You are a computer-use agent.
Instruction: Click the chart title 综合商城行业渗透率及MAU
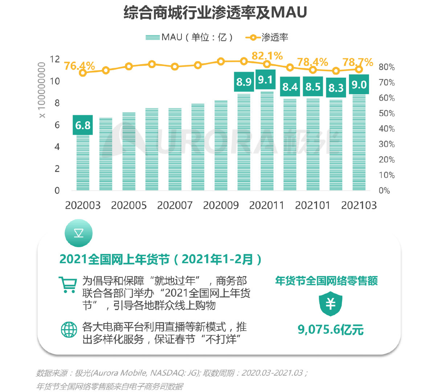(x=215, y=13)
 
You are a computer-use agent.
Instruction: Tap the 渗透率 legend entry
(x=267, y=37)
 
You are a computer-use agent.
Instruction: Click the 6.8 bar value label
(x=83, y=125)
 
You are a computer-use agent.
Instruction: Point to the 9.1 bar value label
(x=265, y=79)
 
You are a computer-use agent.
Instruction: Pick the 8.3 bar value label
(x=336, y=88)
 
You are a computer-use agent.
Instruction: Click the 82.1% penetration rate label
(x=267, y=56)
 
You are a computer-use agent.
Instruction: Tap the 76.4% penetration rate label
(x=79, y=66)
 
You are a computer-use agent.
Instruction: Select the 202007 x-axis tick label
(x=175, y=205)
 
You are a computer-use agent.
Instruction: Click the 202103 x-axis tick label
(x=359, y=205)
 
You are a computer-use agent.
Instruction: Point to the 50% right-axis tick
(x=386, y=114)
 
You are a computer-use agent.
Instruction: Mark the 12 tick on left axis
(x=55, y=59)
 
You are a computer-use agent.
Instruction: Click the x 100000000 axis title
(x=42, y=90)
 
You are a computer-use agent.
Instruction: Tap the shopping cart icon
(x=68, y=285)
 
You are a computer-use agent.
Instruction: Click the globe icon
(x=69, y=330)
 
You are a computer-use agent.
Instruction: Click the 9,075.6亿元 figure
(x=330, y=330)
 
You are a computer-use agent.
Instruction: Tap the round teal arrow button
(x=78, y=233)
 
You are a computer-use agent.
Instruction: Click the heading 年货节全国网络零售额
(x=326, y=281)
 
